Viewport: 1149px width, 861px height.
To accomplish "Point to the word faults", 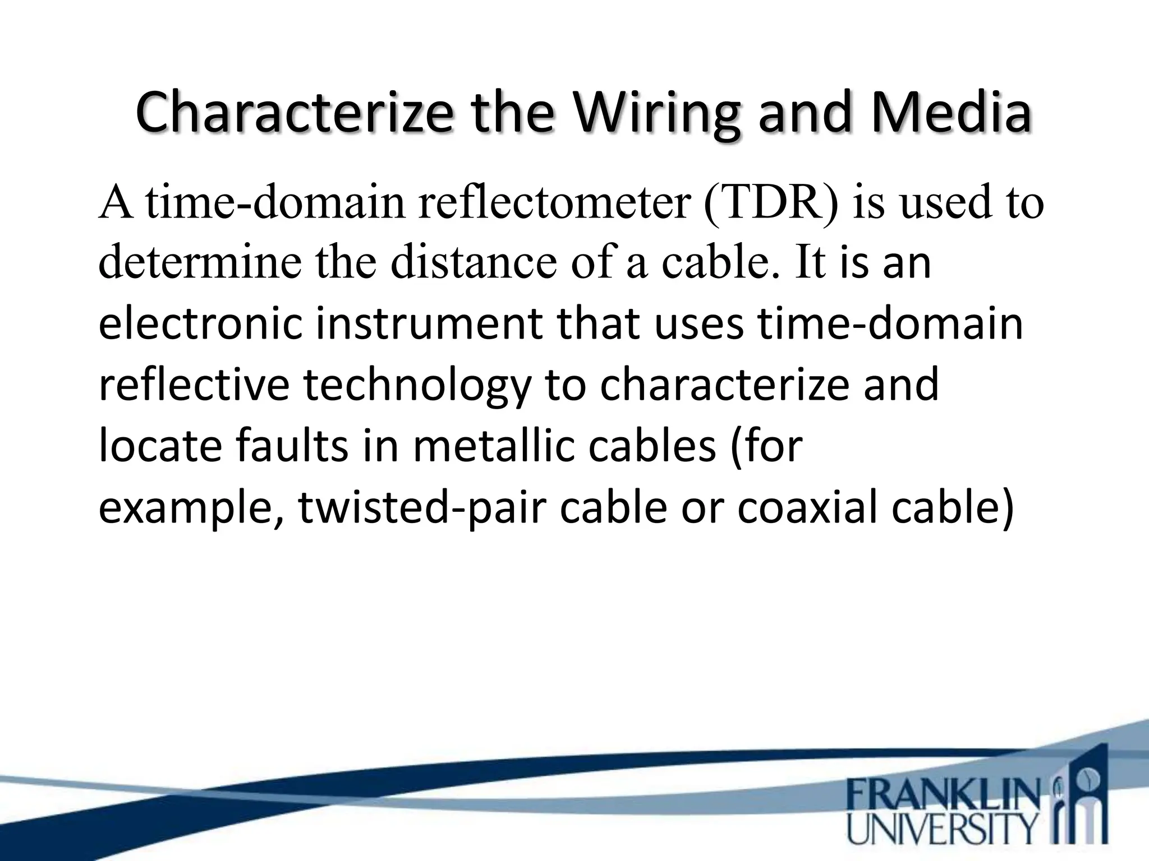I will click(x=292, y=446).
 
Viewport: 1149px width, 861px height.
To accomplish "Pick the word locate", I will click(x=160, y=446).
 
